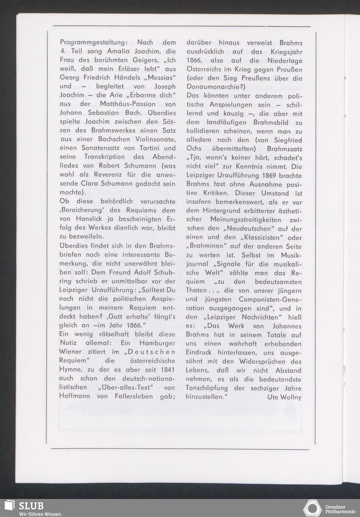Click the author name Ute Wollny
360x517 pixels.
point(284,397)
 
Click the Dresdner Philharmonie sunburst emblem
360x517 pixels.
point(312,508)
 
